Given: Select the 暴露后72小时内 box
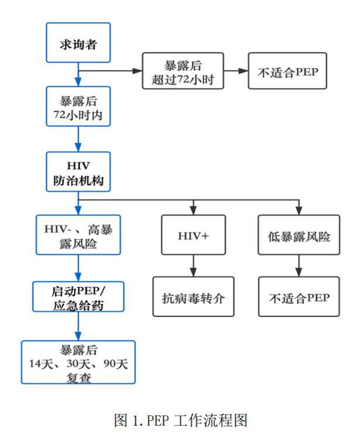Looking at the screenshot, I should (x=78, y=106).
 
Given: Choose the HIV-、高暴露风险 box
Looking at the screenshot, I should (x=78, y=235).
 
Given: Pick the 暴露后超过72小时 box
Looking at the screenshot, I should (x=183, y=70).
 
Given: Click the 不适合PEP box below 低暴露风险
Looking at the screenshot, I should (x=299, y=297).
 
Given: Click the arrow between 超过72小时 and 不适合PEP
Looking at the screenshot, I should (x=236, y=70).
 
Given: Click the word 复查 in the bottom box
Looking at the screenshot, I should (x=78, y=377).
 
